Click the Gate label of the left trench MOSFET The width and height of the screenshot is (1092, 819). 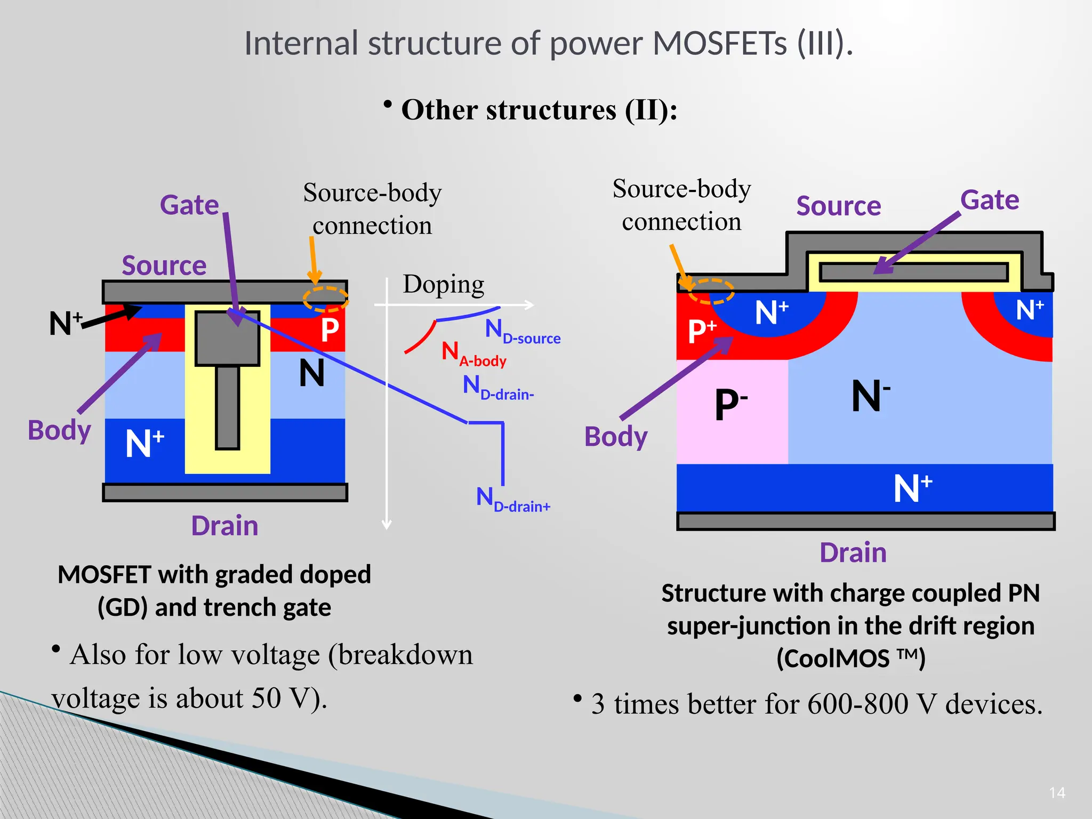click(189, 205)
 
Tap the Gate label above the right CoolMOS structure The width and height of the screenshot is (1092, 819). click(989, 200)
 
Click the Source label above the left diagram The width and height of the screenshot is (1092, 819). click(164, 266)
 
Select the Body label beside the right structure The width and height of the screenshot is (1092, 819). click(615, 437)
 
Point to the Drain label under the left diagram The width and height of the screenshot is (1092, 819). click(224, 526)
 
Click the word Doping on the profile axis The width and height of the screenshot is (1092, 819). click(443, 284)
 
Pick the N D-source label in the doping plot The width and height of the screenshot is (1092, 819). click(521, 332)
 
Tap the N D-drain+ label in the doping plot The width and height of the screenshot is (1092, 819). click(512, 500)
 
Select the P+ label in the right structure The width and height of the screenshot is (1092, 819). click(702, 331)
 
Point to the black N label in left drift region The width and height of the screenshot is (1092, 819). click(311, 373)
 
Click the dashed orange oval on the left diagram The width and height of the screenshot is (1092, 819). click(325, 299)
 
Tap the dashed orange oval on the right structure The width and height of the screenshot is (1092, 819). click(711, 291)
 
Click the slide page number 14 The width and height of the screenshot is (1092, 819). click(1056, 793)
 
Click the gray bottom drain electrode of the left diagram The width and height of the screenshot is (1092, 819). click(224, 492)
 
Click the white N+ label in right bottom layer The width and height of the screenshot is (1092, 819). click(912, 488)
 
